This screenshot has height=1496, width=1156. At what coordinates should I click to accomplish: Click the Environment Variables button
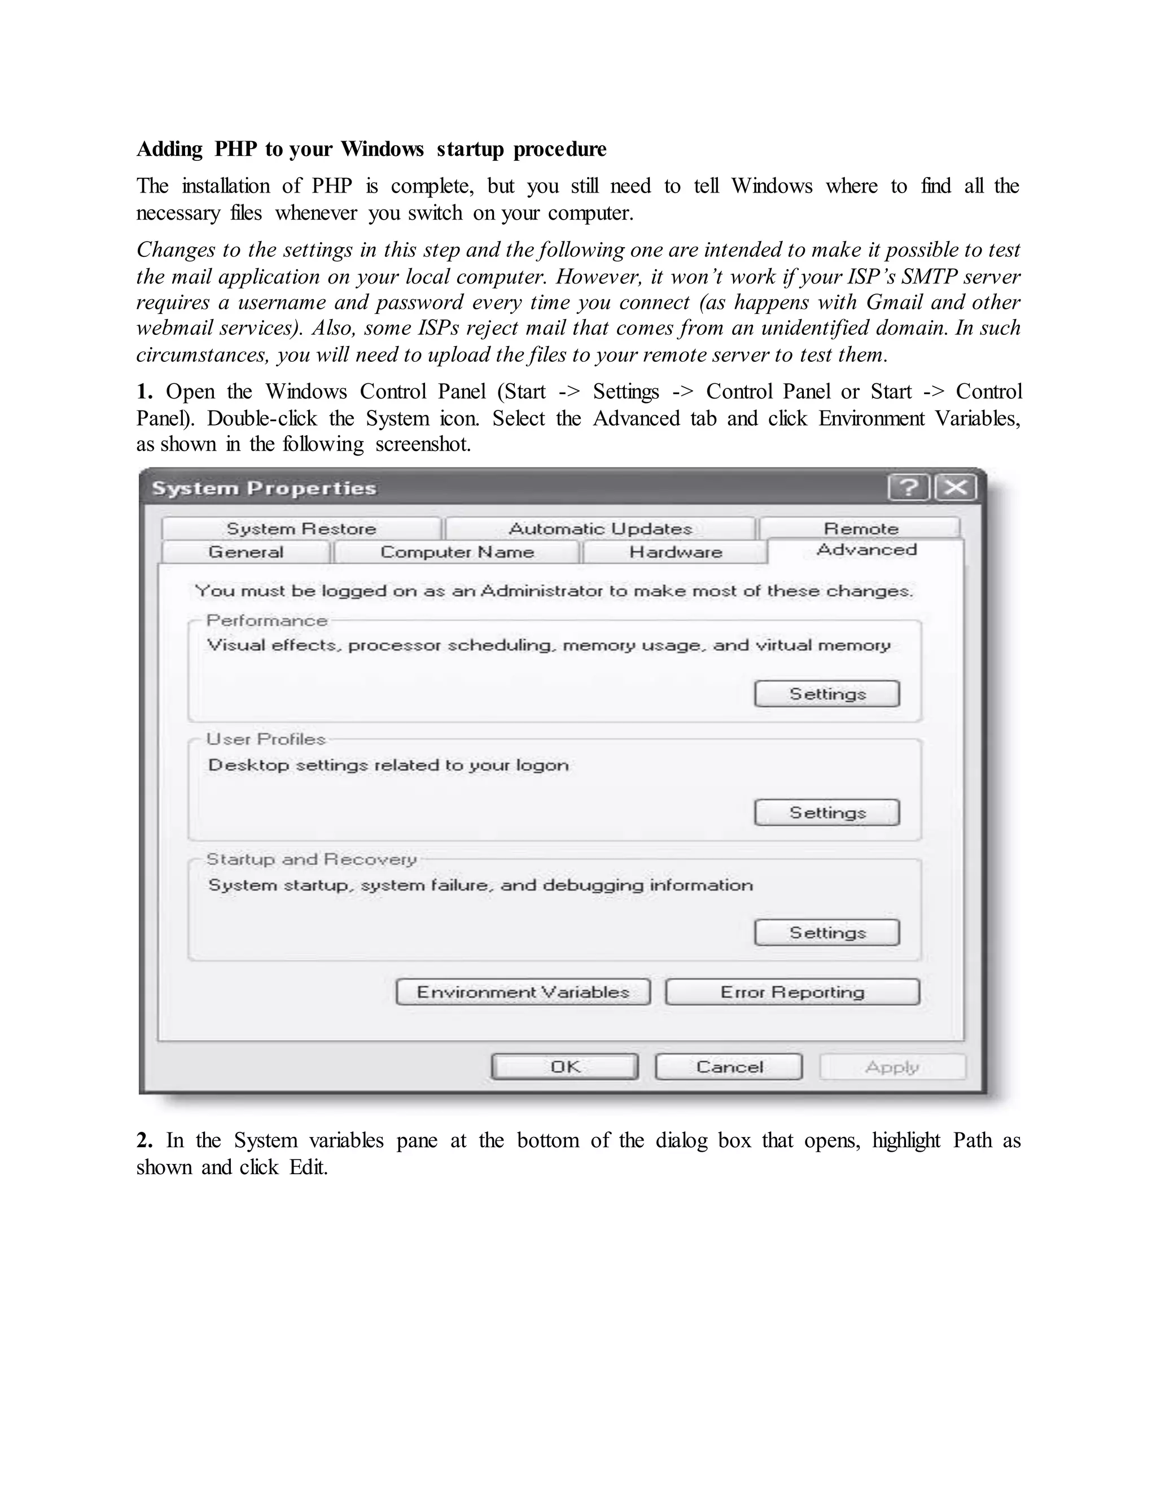(523, 992)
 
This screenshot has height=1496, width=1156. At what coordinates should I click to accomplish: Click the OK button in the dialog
(565, 1066)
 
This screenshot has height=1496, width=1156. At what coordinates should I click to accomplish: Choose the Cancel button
(729, 1066)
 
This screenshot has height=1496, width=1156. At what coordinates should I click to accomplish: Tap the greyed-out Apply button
(892, 1066)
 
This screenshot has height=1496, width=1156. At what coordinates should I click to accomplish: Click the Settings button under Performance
(826, 694)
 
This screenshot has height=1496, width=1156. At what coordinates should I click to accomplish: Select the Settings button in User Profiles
(826, 812)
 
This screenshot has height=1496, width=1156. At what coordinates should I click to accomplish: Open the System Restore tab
(301, 529)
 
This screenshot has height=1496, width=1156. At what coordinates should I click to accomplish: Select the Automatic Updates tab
(600, 529)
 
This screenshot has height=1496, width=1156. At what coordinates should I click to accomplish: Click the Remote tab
(860, 529)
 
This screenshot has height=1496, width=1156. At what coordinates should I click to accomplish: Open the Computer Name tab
(457, 552)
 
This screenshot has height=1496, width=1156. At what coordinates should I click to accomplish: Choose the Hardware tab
(675, 552)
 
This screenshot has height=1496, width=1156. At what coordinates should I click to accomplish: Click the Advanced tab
(866, 550)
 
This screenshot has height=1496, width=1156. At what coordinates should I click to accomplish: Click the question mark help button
(909, 488)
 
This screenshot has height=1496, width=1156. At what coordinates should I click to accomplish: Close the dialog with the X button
(956, 488)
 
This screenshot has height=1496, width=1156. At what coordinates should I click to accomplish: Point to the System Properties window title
(264, 488)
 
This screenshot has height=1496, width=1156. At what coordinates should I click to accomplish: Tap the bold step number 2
(144, 1140)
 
